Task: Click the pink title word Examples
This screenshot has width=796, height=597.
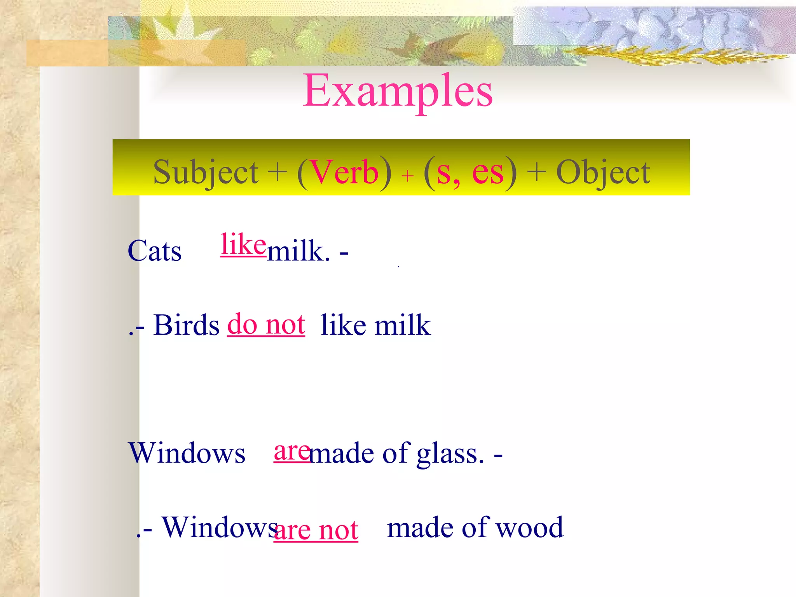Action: [398, 92]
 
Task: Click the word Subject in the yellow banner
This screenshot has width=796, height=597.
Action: [206, 173]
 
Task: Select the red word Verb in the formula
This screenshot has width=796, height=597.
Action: [345, 173]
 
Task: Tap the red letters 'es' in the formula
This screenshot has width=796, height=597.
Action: [488, 173]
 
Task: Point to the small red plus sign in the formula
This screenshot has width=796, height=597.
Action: [407, 176]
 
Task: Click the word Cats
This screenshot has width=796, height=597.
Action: [154, 251]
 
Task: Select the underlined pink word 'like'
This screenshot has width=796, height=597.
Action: [243, 244]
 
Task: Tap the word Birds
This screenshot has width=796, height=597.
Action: [187, 325]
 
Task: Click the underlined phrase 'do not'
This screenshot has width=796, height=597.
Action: [266, 325]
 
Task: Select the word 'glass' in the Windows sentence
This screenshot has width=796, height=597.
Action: [450, 454]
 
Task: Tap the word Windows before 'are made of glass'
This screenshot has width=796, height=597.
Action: [187, 454]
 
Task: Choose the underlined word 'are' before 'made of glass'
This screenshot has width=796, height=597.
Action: [292, 452]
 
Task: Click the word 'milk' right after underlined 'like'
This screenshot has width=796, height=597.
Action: [298, 251]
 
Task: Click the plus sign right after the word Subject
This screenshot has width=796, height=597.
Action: [278, 172]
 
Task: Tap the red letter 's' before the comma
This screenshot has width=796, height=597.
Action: [443, 173]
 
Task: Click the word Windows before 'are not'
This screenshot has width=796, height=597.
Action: [220, 528]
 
